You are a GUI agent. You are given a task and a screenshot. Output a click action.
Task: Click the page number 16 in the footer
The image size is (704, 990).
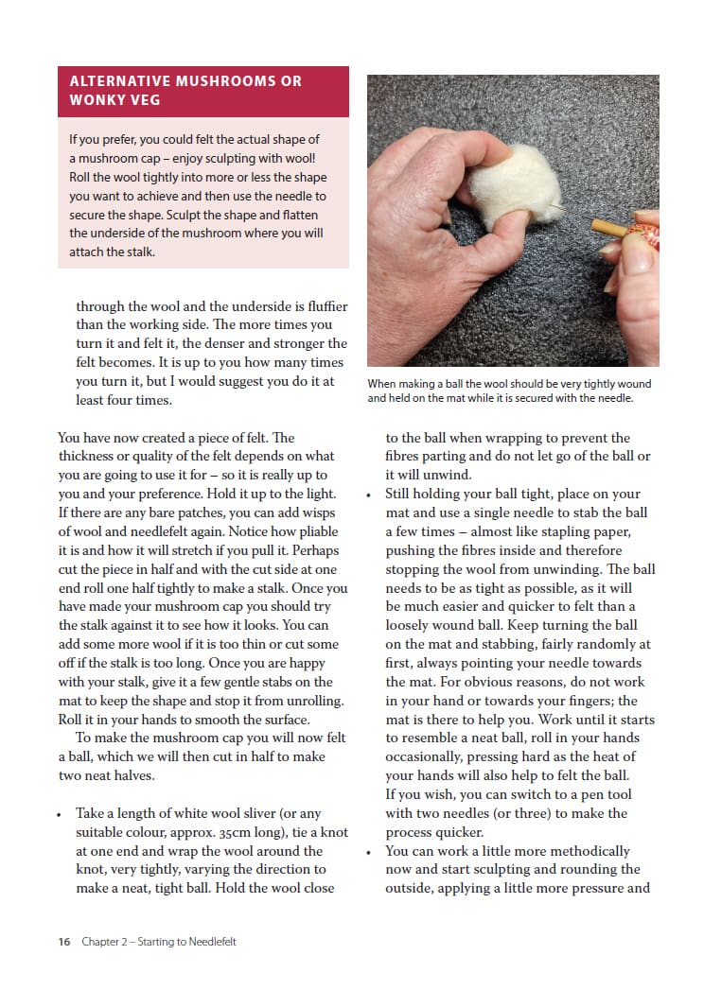pyautogui.click(x=63, y=942)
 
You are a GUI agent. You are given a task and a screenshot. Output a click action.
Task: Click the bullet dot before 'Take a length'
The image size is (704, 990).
pyautogui.click(x=61, y=814)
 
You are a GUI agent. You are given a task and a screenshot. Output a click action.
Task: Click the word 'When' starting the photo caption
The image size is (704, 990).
pyautogui.click(x=381, y=384)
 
